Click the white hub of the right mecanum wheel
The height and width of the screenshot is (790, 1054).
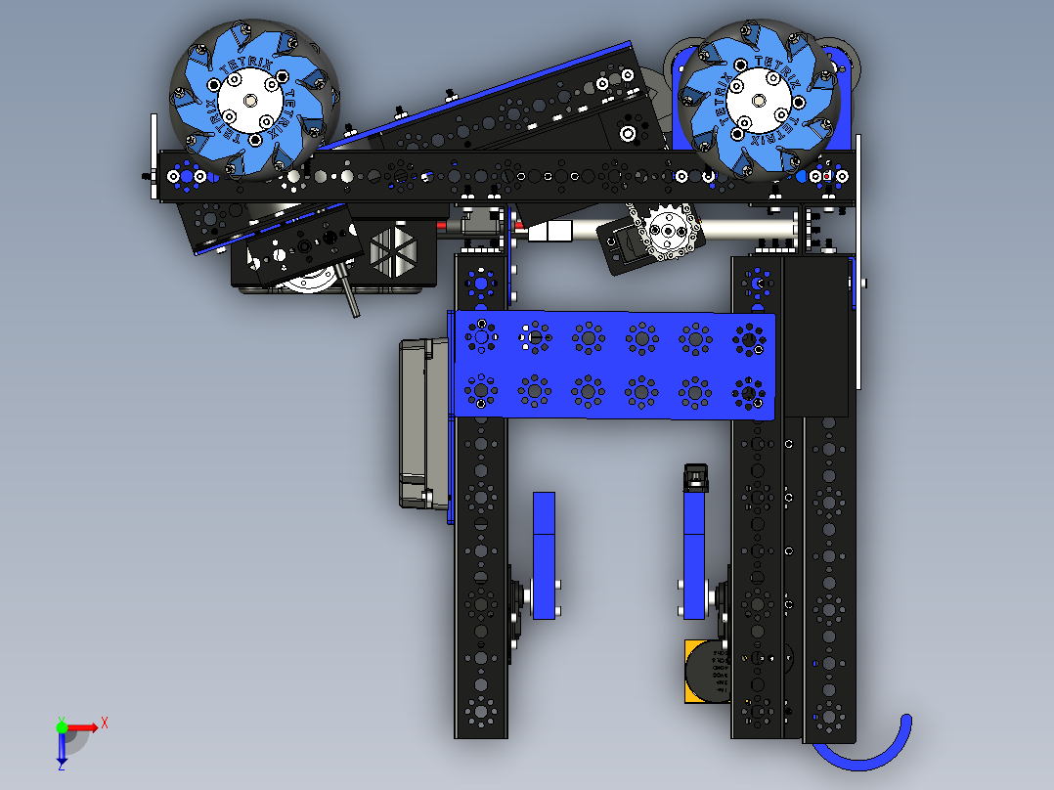coord(758,99)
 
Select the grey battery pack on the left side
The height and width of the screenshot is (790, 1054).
coord(423,422)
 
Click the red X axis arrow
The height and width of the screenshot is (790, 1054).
coord(88,726)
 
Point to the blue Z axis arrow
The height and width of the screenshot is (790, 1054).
coord(62,750)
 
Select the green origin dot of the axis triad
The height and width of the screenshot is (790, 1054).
coord(62,726)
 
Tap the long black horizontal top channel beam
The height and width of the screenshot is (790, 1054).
coord(508,177)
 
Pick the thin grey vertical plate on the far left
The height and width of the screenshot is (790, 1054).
coord(154,156)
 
